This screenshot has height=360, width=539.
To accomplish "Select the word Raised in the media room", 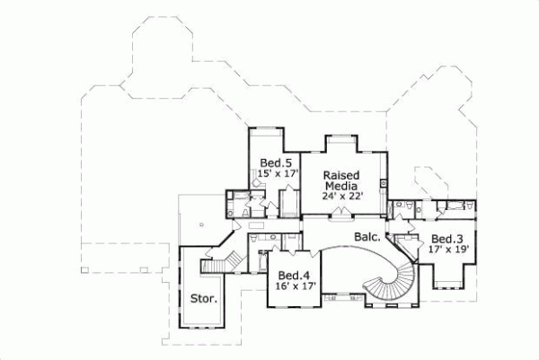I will point(341,173).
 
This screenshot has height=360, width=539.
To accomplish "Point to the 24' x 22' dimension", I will point(341,199).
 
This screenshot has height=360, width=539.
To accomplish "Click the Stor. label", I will point(203,298).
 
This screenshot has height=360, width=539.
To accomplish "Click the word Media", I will point(341,186).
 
